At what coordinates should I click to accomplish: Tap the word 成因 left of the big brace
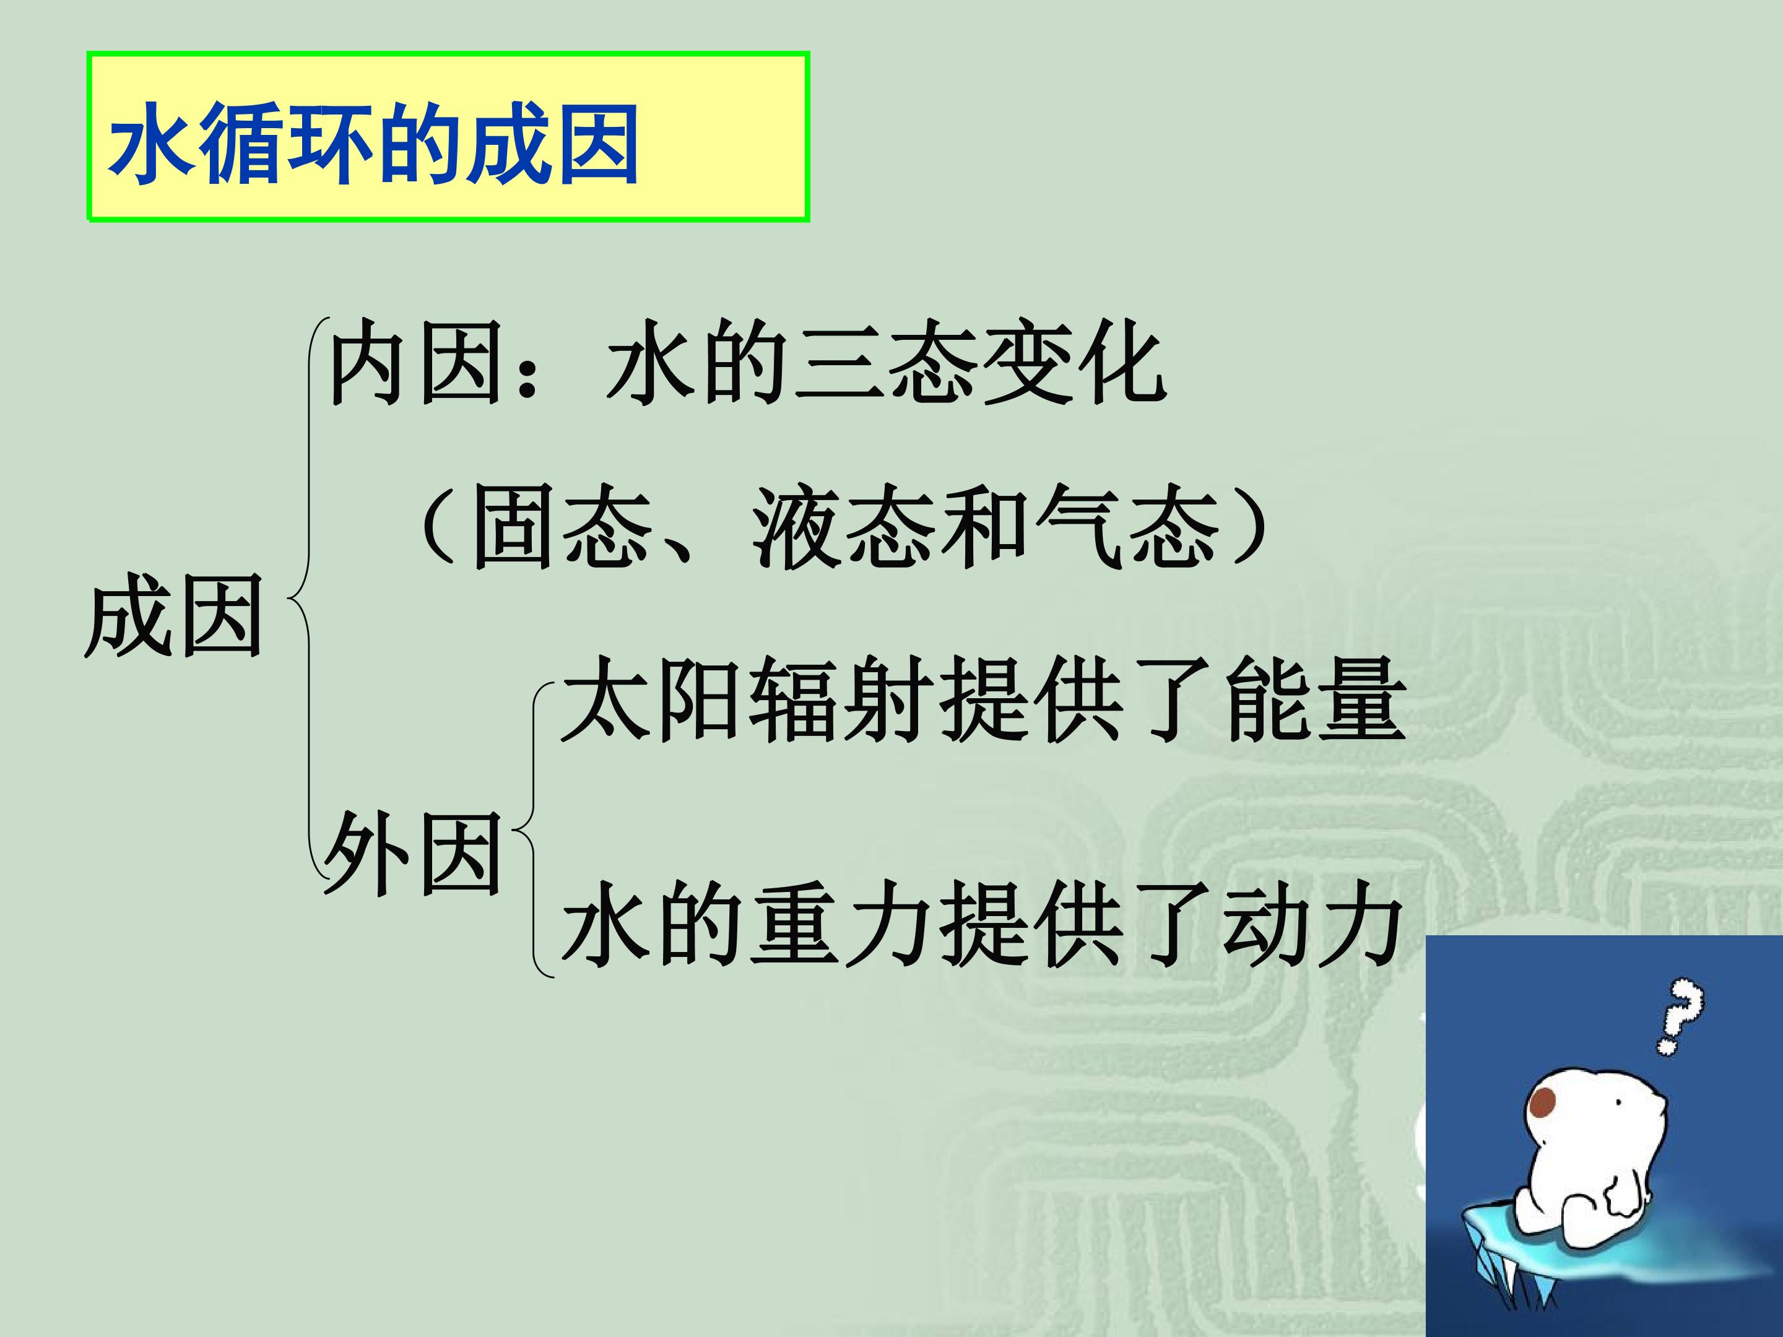point(174,617)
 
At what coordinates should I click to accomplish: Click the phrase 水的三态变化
point(887,363)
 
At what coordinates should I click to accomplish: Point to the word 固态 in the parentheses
point(562,529)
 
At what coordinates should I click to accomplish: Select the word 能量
point(1316,699)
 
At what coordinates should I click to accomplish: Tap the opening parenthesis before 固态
point(435,529)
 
